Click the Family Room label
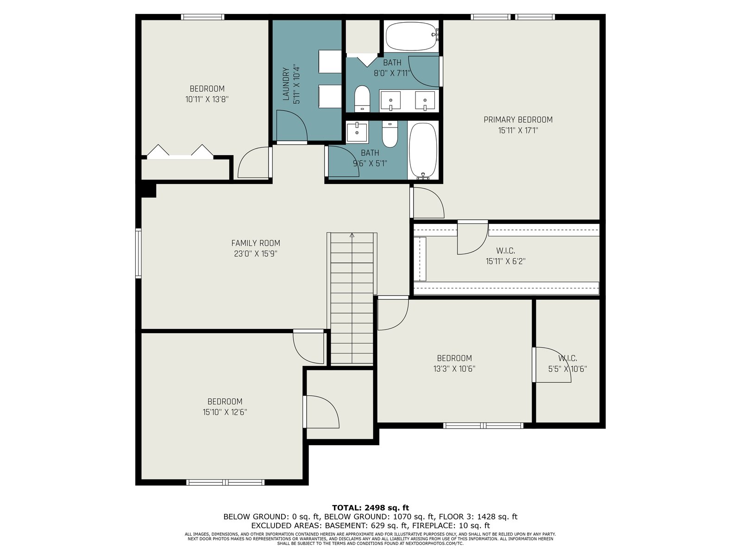[256, 243]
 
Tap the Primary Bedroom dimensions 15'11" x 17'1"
[518, 130]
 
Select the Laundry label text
[286, 84]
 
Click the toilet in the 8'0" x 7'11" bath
[362, 98]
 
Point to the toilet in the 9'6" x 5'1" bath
[389, 134]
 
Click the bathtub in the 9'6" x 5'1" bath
[423, 151]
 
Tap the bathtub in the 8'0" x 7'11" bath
[412, 37]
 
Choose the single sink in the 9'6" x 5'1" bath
[357, 133]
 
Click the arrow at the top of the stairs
[352, 235]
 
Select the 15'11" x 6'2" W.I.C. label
[505, 251]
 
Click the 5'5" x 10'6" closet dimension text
[567, 369]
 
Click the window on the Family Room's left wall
[138, 253]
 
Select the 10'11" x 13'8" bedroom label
[207, 89]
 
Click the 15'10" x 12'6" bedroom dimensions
[225, 412]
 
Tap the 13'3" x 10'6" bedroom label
[454, 358]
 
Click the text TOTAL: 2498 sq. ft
[370, 508]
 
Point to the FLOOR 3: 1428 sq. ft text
[477, 517]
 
